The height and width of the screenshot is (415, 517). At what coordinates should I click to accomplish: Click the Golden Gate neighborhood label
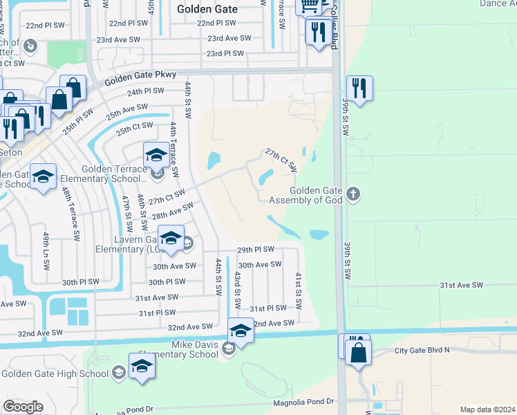pyautogui.click(x=207, y=10)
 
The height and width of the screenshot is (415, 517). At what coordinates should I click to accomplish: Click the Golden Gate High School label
pyautogui.click(x=55, y=373)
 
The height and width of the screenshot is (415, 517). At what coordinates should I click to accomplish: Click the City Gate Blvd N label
pyautogui.click(x=422, y=350)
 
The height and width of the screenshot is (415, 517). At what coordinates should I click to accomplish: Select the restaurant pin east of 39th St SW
pyautogui.click(x=359, y=88)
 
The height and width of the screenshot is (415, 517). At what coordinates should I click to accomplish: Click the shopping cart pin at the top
pyautogui.click(x=308, y=6)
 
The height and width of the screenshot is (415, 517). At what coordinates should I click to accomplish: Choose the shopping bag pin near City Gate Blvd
pyautogui.click(x=359, y=352)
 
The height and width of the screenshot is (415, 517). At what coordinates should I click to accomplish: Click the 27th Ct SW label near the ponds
pyautogui.click(x=281, y=160)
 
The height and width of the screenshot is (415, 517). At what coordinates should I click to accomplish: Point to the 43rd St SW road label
pyautogui.click(x=237, y=289)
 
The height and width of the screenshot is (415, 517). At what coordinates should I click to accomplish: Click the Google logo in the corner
pyautogui.click(x=23, y=407)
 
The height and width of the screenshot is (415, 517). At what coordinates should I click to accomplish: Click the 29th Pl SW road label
pyautogui.click(x=256, y=249)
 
